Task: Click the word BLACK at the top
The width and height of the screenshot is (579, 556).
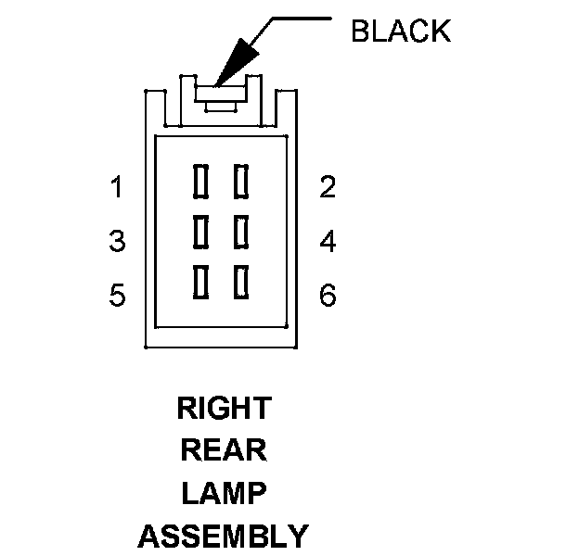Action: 400,32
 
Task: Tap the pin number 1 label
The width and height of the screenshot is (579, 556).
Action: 117,188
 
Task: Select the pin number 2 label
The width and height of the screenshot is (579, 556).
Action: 327,188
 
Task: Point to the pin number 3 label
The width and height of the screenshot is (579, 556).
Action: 117,242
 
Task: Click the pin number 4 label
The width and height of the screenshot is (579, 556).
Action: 327,242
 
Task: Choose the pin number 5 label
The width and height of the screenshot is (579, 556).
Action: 117,297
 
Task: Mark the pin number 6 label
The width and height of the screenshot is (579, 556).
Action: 327,297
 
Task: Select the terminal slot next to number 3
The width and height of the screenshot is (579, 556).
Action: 199,231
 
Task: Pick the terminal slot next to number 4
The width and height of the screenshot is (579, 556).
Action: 242,231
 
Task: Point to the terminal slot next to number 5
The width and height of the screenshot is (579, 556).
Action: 199,282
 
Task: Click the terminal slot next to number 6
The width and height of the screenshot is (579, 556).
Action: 242,282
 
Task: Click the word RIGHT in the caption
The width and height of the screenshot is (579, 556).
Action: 224,408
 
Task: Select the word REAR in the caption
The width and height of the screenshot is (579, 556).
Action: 224,450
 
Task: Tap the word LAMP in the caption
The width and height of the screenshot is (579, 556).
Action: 224,493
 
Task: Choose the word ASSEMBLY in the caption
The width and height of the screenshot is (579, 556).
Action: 224,536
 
